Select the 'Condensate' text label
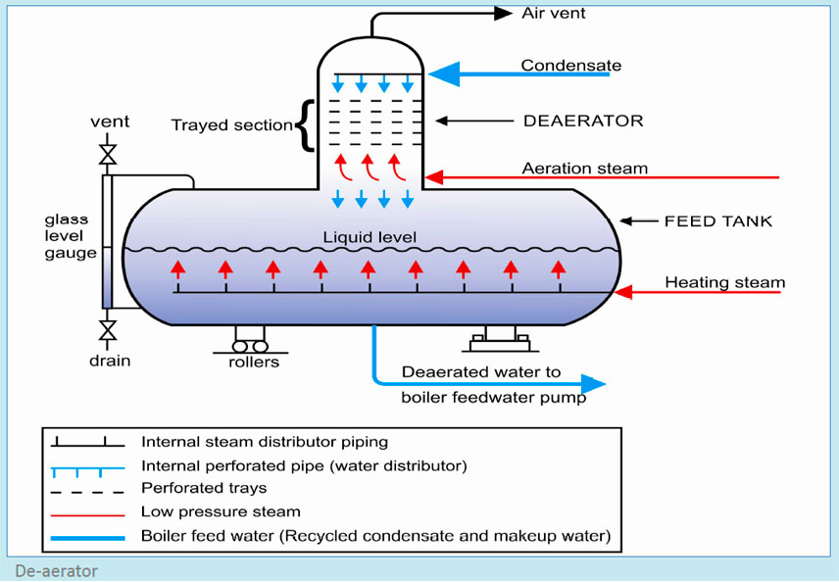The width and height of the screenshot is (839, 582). point(570,66)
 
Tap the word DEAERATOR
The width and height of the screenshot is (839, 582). point(583,121)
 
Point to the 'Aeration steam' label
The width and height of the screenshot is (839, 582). point(584,169)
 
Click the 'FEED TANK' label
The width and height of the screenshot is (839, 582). point(717,221)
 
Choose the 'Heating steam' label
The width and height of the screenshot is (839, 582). point(724,283)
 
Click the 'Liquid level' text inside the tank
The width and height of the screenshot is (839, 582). point(370,238)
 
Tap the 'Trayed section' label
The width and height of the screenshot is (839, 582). point(231,125)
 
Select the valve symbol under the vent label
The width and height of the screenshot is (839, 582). point(108,155)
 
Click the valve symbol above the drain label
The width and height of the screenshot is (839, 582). point(108,327)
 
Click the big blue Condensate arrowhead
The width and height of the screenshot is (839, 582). point(443,73)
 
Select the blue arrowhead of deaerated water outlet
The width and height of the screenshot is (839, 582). point(594,384)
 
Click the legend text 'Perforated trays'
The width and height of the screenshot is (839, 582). point(204,488)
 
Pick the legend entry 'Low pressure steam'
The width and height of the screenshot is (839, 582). point(221,511)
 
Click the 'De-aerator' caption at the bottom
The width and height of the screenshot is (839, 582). point(56,570)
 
